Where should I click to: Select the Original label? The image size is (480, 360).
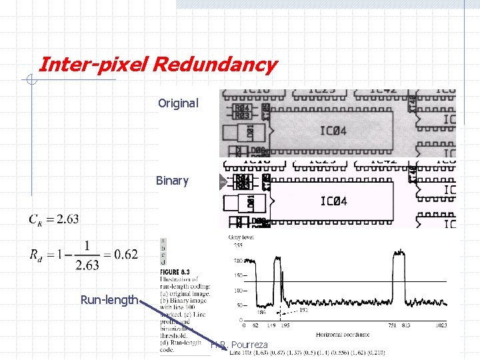pyautogui.click(x=178, y=103)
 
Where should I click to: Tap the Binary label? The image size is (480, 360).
pyautogui.click(x=172, y=181)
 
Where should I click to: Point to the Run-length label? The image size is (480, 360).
pyautogui.click(x=109, y=300)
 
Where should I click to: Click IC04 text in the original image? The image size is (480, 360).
pyautogui.click(x=333, y=131)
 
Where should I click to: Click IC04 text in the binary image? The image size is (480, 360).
pyautogui.click(x=333, y=201)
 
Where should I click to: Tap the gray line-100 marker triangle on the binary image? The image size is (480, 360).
pyautogui.click(x=223, y=181)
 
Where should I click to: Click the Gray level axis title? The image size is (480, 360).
pyautogui.click(x=241, y=238)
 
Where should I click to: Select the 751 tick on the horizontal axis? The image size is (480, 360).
pyautogui.click(x=393, y=325)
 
